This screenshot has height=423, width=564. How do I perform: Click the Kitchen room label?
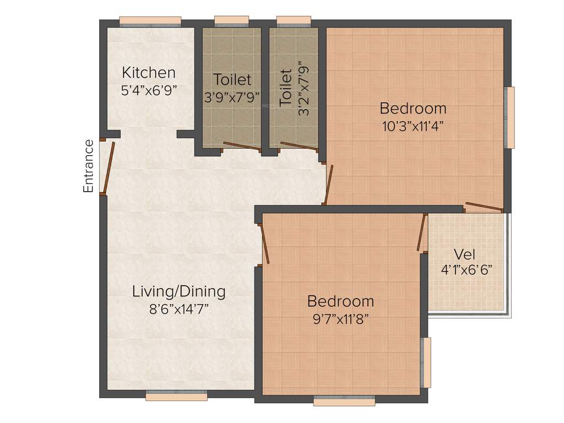pos(149,73)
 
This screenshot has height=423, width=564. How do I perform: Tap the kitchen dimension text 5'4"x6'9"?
pos(149,90)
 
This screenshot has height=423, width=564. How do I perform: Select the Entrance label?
pos(88,166)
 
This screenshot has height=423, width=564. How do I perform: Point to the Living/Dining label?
pos(179,291)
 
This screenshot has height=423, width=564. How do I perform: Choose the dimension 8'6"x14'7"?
pos(179,308)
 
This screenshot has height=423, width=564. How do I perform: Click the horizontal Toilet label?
pos(232,80)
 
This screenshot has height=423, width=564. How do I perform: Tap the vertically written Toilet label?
pos(285,88)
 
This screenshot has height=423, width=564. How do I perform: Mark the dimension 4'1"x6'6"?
pos(466,270)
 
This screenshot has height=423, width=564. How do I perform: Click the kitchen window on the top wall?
pos(150,21)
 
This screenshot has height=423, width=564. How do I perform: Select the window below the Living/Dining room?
pos(176,395)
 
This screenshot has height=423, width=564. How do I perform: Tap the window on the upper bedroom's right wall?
pos(510,117)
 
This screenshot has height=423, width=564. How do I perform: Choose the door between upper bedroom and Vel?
pos(484,208)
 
